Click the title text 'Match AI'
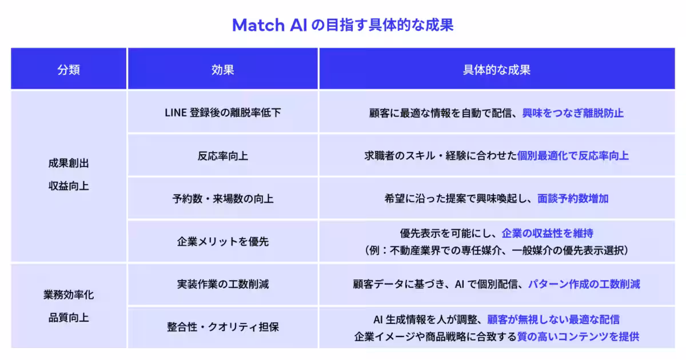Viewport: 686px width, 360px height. tap(269, 25)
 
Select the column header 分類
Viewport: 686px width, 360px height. tap(69, 70)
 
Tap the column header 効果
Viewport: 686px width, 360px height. tap(222, 70)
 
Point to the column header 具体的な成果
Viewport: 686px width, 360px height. tap(496, 70)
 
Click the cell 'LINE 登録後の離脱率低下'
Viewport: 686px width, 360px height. tap(222, 113)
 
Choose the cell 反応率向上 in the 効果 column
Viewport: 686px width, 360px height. tap(222, 156)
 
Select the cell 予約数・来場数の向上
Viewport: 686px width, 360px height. tap(222, 199)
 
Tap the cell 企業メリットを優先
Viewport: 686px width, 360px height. tap(222, 242)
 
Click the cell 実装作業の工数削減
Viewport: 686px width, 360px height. tap(222, 284)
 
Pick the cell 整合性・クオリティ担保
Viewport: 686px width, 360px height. tap(222, 327)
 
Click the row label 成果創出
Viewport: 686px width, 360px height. tap(69, 163)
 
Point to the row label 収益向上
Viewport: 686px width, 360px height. tap(69, 186)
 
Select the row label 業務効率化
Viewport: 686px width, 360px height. tap(69, 295)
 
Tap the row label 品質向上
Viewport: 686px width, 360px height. tap(69, 318)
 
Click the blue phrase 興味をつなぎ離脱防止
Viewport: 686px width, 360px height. tap(573, 113)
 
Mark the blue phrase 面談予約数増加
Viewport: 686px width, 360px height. tap(573, 199)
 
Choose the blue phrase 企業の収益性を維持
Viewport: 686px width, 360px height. tap(547, 233)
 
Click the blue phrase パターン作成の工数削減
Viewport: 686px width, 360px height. tap(584, 284)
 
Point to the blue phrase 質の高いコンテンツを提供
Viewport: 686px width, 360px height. tap(578, 337)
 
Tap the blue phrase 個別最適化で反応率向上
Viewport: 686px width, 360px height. tap(573, 156)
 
